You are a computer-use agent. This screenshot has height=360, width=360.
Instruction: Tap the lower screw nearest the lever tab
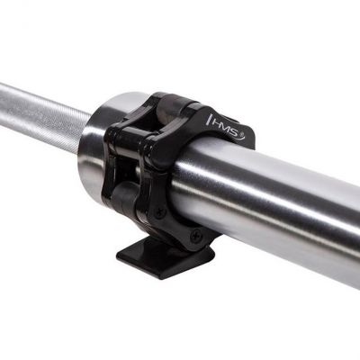click(195, 235)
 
